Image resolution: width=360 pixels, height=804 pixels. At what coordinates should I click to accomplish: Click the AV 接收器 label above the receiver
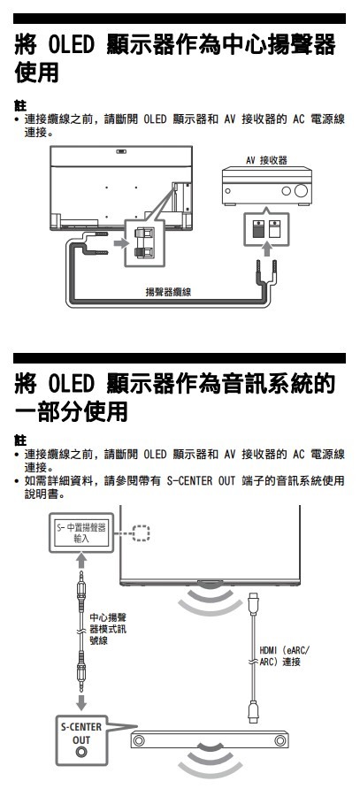pos(266,160)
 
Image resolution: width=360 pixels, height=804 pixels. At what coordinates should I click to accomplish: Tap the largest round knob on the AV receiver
pos(302,191)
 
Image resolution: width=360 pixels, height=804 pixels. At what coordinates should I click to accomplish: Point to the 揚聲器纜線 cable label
pos(168,292)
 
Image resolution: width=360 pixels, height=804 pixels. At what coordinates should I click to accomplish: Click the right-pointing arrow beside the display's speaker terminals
pos(119,242)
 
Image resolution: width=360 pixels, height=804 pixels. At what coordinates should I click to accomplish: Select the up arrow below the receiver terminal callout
pos(266,249)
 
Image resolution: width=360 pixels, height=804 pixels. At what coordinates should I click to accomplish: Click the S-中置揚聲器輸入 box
pos(81,532)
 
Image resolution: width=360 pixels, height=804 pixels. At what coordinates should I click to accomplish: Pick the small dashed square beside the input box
pos(141,532)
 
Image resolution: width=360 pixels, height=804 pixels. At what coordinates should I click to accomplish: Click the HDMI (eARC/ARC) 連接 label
pos(285,656)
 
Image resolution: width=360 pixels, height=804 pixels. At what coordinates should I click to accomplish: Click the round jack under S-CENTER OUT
pos(81,753)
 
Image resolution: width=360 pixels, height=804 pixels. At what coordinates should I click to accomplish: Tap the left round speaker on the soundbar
pos(138,740)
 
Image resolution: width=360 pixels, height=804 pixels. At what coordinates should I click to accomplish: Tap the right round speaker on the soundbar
pos(280,740)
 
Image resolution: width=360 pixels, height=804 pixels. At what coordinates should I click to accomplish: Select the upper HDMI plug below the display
pos(253,603)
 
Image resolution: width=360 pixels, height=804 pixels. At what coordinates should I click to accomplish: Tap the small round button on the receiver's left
pos(229,191)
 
